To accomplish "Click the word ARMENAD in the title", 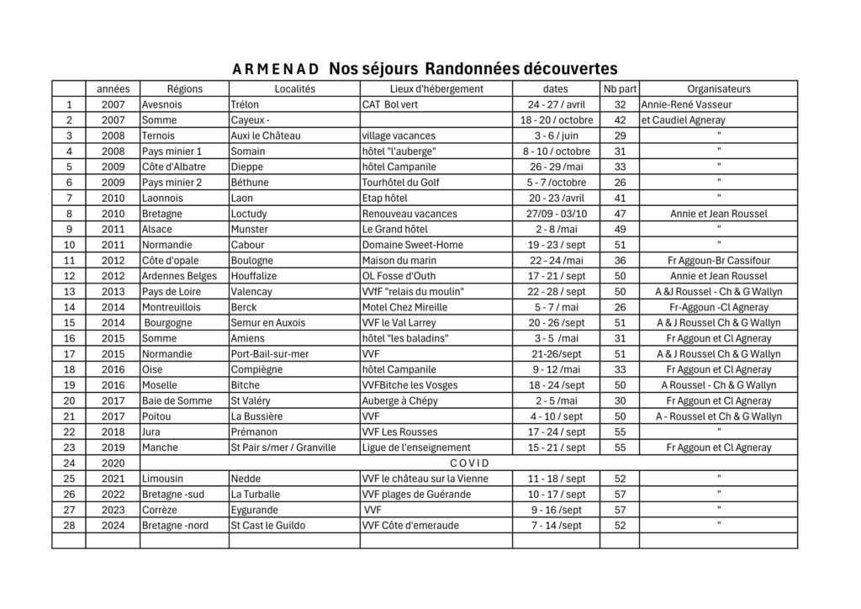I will click(x=275, y=69).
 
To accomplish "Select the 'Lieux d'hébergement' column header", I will click(x=436, y=89).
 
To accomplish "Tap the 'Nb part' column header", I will click(x=620, y=89).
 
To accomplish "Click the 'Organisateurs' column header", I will click(x=718, y=89).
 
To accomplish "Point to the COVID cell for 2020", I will click(x=469, y=463).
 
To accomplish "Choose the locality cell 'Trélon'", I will click(x=246, y=105).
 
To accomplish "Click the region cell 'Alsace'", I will click(x=157, y=230).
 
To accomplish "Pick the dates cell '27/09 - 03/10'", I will click(x=556, y=214).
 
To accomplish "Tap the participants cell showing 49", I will click(x=620, y=230).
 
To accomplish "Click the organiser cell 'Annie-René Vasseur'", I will click(x=686, y=105).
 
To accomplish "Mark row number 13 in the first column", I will click(x=70, y=292).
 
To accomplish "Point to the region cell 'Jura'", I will click(x=152, y=432).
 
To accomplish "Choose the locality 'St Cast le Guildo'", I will click(x=262, y=525).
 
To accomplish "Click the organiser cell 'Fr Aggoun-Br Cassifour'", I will click(x=718, y=261).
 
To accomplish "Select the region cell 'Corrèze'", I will click(x=160, y=509).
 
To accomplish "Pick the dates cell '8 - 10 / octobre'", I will click(x=556, y=151).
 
